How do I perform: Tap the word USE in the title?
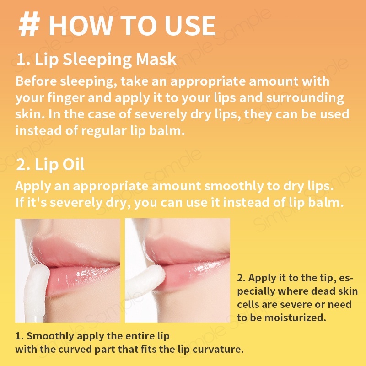[x=190, y=26]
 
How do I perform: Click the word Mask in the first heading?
[x=156, y=59]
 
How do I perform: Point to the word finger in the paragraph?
[x=66, y=98]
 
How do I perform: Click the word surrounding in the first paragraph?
[x=305, y=98]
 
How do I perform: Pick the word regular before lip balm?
[x=104, y=131]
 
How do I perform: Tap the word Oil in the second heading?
[x=74, y=164]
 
